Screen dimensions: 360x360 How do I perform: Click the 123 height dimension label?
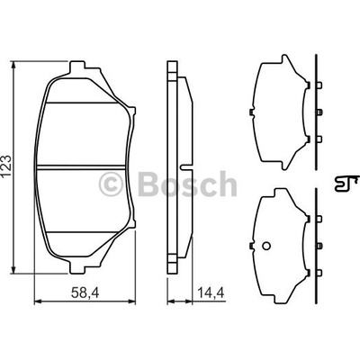click(x=7, y=167)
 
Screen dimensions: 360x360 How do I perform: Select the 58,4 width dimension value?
click(x=85, y=292)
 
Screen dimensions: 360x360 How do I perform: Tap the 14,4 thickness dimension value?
click(x=211, y=292)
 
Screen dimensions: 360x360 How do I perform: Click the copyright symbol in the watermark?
click(x=111, y=184)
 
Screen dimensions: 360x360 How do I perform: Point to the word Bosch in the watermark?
click(x=187, y=184)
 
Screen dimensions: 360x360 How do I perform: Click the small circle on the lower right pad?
click(x=266, y=246)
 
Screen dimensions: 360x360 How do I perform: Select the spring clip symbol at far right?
click(x=346, y=184)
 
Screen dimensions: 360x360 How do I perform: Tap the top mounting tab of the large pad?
click(x=77, y=67)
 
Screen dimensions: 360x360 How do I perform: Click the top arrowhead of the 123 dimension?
click(x=13, y=65)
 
